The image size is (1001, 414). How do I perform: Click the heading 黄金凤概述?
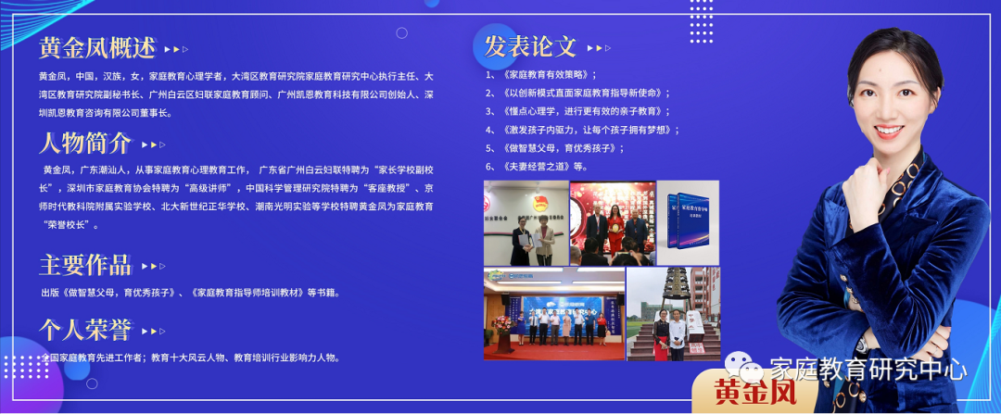point(96,48)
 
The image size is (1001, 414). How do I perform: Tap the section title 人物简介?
point(84,144)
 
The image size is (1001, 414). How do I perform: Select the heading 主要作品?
point(84,265)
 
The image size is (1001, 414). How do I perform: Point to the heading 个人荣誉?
point(84,329)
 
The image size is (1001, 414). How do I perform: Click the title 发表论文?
point(530,45)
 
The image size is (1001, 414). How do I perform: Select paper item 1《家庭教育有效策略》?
point(541,75)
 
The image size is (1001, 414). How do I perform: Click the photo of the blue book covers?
point(688,222)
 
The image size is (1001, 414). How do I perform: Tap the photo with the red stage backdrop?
point(612,222)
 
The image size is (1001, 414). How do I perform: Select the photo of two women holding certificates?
point(524,222)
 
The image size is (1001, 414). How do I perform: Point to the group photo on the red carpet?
point(553,314)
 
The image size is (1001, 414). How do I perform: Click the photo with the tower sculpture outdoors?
point(674,314)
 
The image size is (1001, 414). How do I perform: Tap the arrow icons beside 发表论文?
point(599,47)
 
